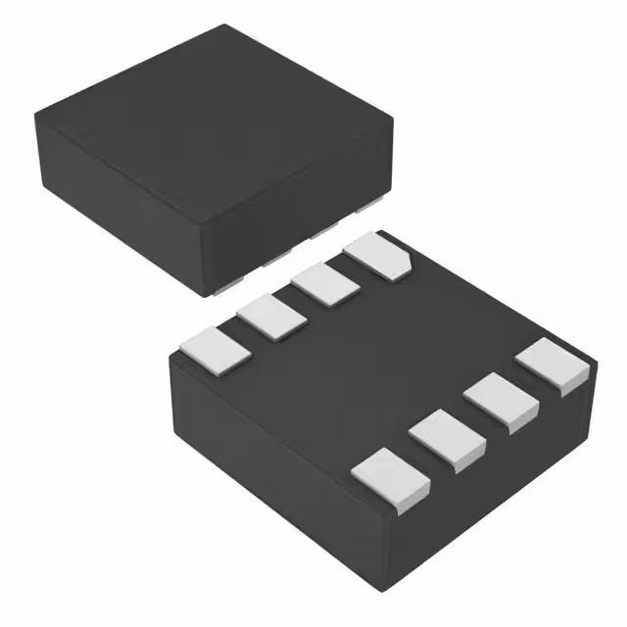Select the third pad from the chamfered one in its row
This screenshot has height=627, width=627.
270,316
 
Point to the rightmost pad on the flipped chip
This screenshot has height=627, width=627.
553,365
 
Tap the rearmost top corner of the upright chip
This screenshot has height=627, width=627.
226,25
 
